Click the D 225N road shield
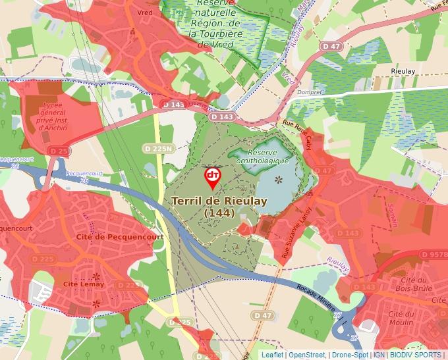point(157,149)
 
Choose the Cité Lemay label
point(84,284)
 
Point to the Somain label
point(393,214)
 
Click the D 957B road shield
point(434,254)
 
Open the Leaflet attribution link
point(272,355)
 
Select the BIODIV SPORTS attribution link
point(415,355)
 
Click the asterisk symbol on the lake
point(278,180)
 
